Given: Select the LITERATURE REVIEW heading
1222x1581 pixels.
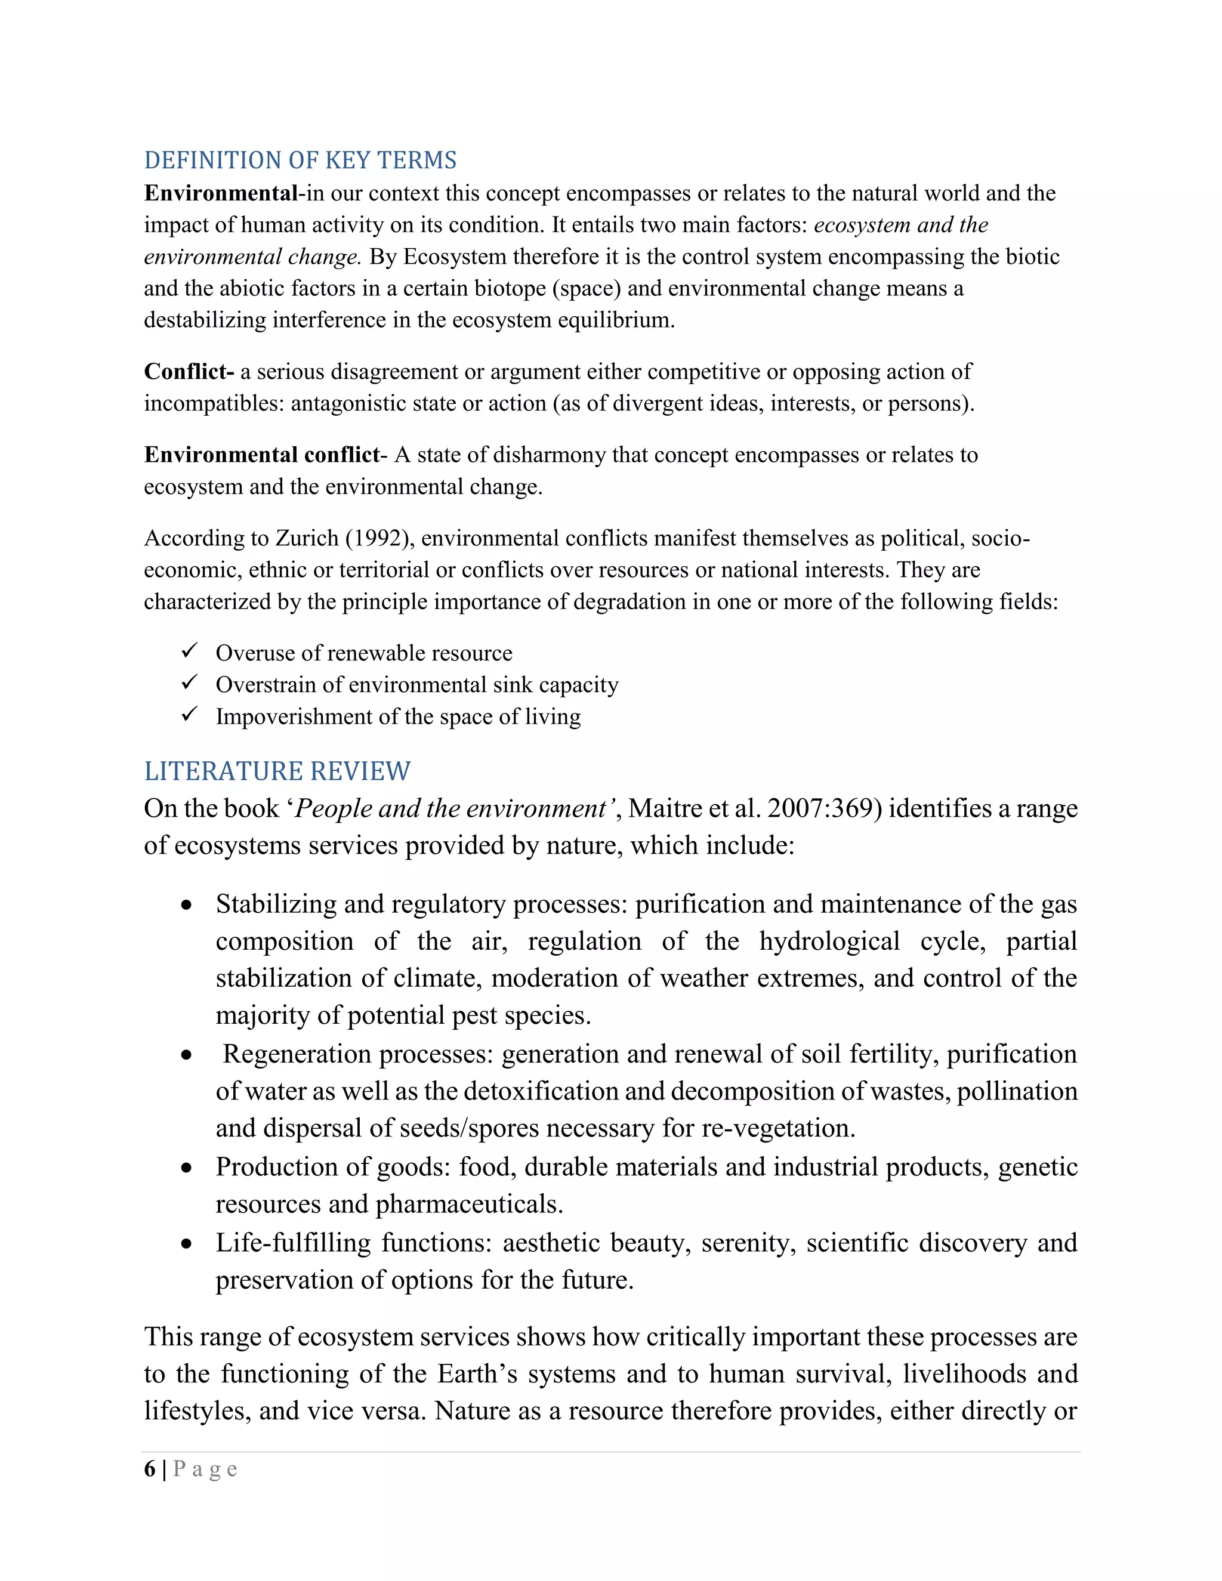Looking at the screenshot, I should click(x=277, y=771).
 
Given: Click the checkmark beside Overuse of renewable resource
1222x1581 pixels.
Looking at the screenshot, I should click(x=190, y=651).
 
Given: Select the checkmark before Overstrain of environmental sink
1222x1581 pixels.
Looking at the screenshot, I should click(x=190, y=683).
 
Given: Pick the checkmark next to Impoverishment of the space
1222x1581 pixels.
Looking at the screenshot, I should click(x=190, y=715).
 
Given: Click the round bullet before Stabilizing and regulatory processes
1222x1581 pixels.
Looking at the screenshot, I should click(x=187, y=905).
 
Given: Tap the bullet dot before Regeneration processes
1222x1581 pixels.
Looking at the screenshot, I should click(x=187, y=1055).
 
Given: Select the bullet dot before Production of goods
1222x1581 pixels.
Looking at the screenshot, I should click(x=187, y=1168).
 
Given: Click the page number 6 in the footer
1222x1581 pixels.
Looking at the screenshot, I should click(x=150, y=1469).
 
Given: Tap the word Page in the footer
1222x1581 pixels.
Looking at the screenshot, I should click(x=206, y=1469).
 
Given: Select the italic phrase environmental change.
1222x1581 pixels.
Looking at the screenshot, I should click(x=252, y=257).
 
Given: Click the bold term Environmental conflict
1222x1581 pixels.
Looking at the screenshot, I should click(x=261, y=455).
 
